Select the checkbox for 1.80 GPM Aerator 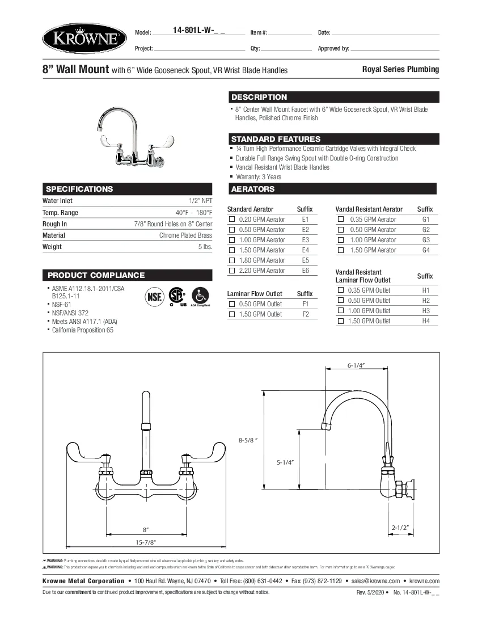[231, 260]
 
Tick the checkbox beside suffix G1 [341, 220]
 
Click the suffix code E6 [306, 271]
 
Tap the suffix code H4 [426, 321]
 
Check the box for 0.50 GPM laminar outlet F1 [231, 304]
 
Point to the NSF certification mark [155, 297]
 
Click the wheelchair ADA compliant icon [200, 296]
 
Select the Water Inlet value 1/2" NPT [201, 201]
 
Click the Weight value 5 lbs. [205, 247]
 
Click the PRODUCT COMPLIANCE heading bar [96, 275]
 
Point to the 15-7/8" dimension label [145, 542]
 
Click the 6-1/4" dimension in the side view [356, 365]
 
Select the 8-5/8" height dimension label [248, 440]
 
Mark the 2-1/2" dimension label [400, 528]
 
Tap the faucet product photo [131, 137]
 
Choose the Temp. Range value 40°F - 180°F [194, 213]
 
